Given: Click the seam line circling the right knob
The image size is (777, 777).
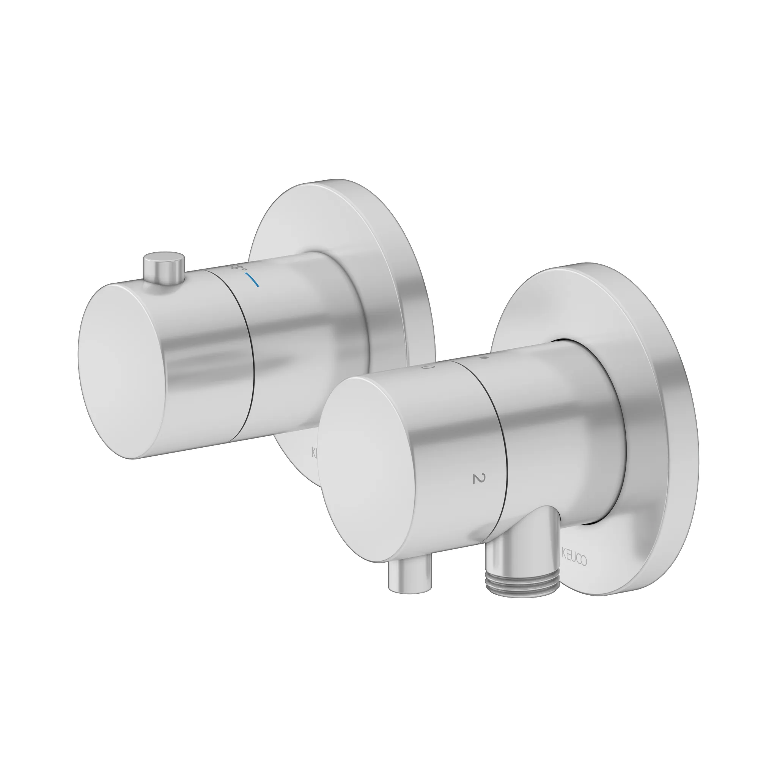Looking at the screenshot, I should (505, 462).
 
